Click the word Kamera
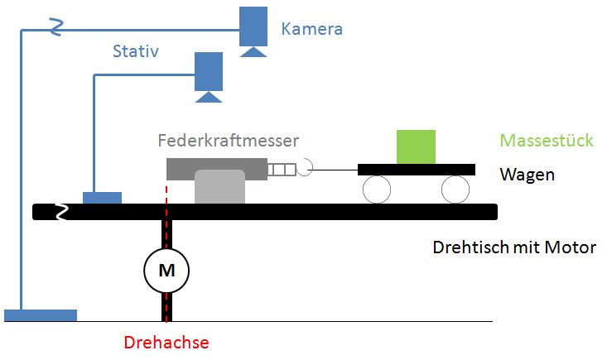(311, 30)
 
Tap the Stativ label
(135, 53)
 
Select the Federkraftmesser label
(228, 140)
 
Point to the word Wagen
(527, 175)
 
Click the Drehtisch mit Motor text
(513, 247)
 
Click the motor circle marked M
(166, 269)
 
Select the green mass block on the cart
(415, 146)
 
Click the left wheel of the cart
(376, 190)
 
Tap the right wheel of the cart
(455, 190)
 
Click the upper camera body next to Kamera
(253, 26)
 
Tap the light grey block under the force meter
(219, 188)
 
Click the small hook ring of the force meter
(304, 169)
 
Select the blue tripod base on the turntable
(102, 198)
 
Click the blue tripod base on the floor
(41, 315)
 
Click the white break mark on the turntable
(62, 213)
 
